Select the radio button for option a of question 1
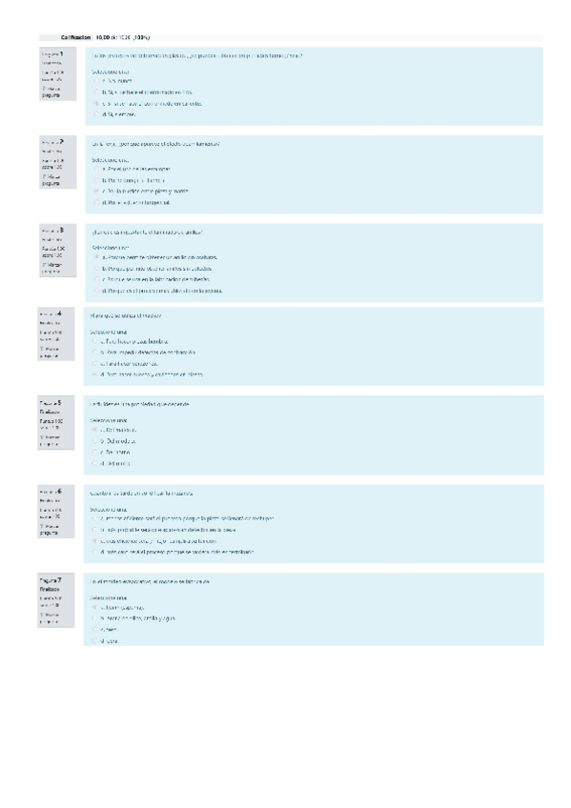96,82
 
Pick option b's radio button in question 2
96,179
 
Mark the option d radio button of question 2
96,201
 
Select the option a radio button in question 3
96,257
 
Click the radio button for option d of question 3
96,291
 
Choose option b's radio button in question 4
96,353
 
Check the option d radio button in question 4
96,374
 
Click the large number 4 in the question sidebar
60,313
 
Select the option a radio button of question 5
96,431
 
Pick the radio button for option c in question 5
96,453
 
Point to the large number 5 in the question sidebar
60,403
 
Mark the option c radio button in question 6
96,540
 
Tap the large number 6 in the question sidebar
60,491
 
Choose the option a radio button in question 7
96,607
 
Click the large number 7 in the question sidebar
60,579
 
